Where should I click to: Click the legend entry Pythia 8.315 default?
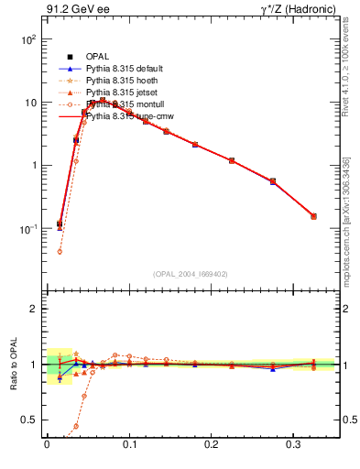(129, 69)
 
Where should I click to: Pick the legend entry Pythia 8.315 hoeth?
(126, 81)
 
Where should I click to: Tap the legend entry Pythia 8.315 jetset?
(126, 93)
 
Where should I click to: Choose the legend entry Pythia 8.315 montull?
(128, 104)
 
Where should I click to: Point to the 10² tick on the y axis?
(27, 40)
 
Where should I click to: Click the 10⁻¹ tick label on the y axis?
(27, 228)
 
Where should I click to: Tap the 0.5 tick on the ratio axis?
(30, 420)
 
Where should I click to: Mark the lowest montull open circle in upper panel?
(60, 251)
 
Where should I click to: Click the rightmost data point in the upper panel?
(313, 216)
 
